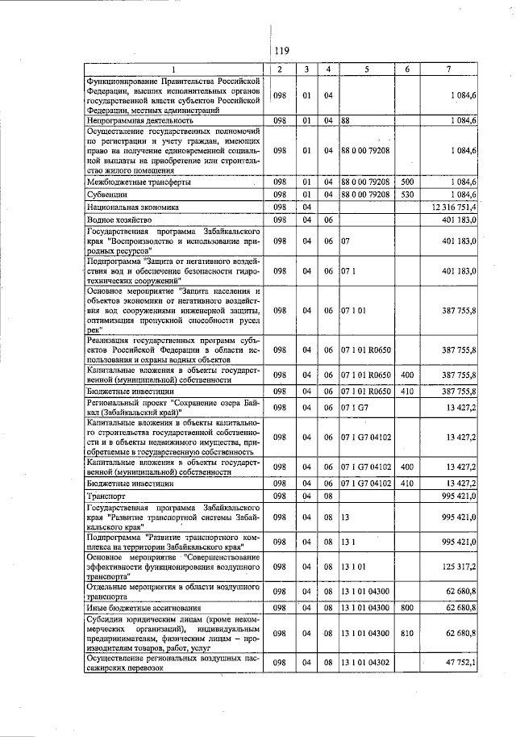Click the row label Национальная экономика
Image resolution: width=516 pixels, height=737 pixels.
123,207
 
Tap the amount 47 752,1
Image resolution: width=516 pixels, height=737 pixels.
457,663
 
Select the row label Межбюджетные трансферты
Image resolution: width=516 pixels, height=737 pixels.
132,182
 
